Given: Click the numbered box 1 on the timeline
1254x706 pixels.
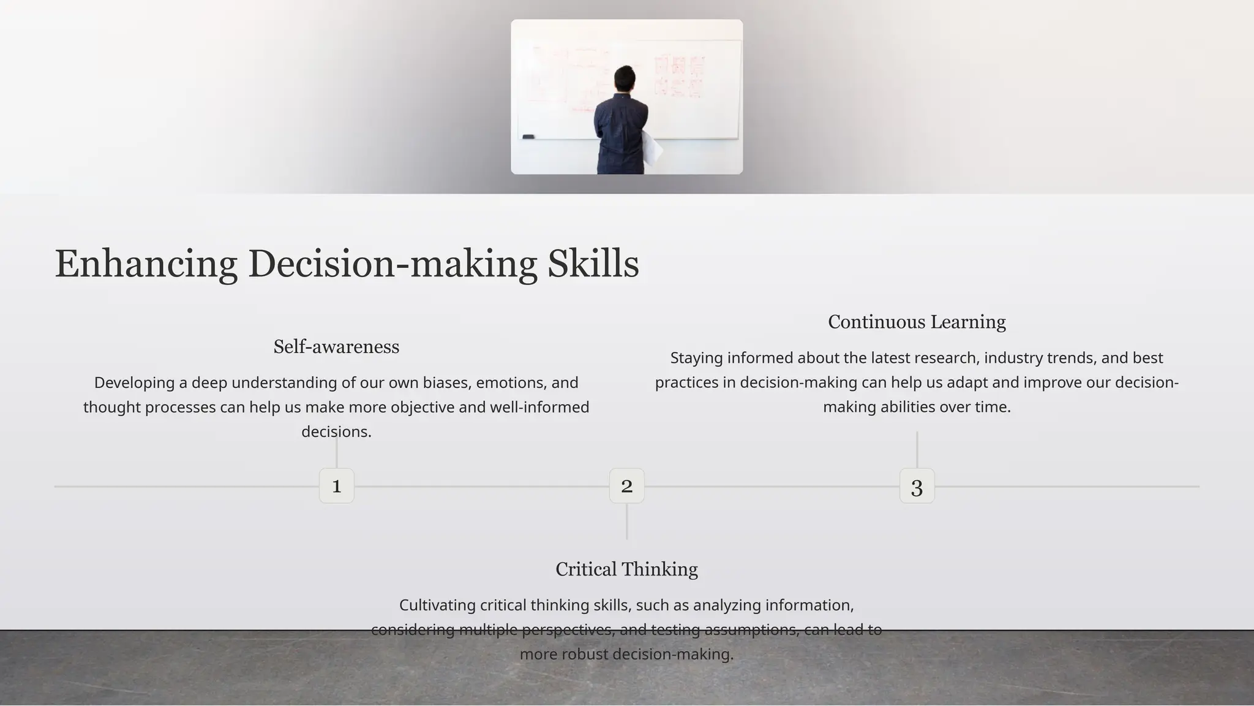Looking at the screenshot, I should click(x=336, y=486).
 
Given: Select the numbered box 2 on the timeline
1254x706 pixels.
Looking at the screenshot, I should click(x=626, y=486).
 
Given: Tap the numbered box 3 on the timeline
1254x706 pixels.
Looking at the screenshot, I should click(x=917, y=486).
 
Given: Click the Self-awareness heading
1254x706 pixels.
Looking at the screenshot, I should click(x=336, y=347).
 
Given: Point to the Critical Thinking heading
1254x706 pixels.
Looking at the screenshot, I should click(x=626, y=569).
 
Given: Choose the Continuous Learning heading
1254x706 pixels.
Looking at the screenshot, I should click(x=917, y=322).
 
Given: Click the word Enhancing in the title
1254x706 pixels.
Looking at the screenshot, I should click(x=146, y=264).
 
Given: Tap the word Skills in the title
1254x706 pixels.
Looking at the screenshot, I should click(x=593, y=264).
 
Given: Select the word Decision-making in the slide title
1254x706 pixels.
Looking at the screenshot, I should click(x=392, y=264).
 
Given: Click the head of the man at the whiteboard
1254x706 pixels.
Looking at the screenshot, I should click(x=625, y=78).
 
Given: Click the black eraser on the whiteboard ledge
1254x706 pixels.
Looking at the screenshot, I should click(x=528, y=137).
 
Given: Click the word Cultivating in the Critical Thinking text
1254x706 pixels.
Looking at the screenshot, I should click(x=437, y=605).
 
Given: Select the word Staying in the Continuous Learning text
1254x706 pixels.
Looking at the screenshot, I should click(x=696, y=358).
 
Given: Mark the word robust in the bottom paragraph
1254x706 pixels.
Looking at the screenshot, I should click(x=585, y=655).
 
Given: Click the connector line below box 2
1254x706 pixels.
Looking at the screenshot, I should click(x=626, y=522).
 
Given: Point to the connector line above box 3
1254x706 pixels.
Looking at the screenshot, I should click(x=917, y=449).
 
